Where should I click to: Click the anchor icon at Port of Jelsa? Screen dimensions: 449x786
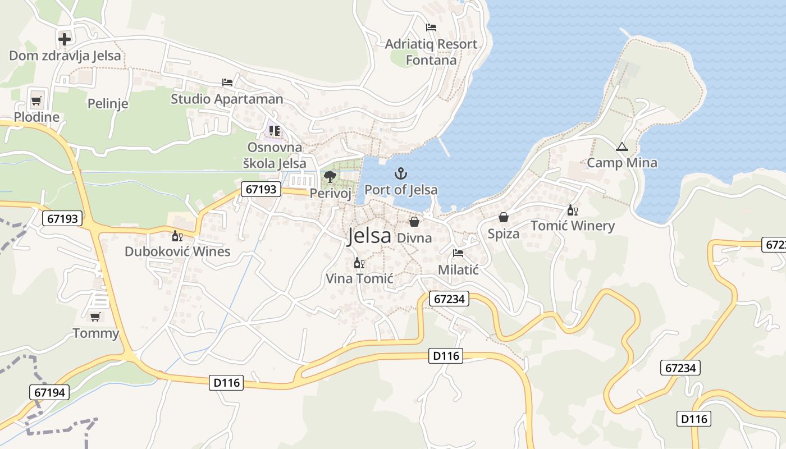coord(400,173)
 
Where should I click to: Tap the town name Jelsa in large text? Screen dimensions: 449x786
coord(369,236)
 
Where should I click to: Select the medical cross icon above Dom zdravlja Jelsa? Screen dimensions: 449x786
coord(65,39)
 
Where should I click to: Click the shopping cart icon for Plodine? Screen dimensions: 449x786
coord(36,101)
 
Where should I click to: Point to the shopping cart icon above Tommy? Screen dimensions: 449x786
coord(95,317)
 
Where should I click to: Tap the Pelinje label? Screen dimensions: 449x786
coord(108,103)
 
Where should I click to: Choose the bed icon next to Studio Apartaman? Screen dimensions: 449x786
coord(227,83)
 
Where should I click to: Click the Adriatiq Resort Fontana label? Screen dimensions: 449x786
coord(431,52)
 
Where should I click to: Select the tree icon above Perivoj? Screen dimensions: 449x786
coord(330,177)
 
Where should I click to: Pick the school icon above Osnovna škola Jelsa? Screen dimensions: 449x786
coord(274,131)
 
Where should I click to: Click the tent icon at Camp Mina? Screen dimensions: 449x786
coord(622,147)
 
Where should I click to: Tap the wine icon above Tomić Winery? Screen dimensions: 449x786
coord(572,210)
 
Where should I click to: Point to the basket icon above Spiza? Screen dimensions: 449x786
coord(504,217)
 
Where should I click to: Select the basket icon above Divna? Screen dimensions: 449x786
coord(414,222)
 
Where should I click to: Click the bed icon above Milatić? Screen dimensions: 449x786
coord(458,253)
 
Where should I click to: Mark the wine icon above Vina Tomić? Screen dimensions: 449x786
coord(359,263)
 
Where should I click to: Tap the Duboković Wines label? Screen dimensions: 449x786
coord(177,251)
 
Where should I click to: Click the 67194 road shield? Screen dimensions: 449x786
coord(50,392)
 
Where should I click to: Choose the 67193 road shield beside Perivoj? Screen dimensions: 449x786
coord(261,189)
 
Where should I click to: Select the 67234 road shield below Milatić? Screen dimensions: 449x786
coord(449,299)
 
